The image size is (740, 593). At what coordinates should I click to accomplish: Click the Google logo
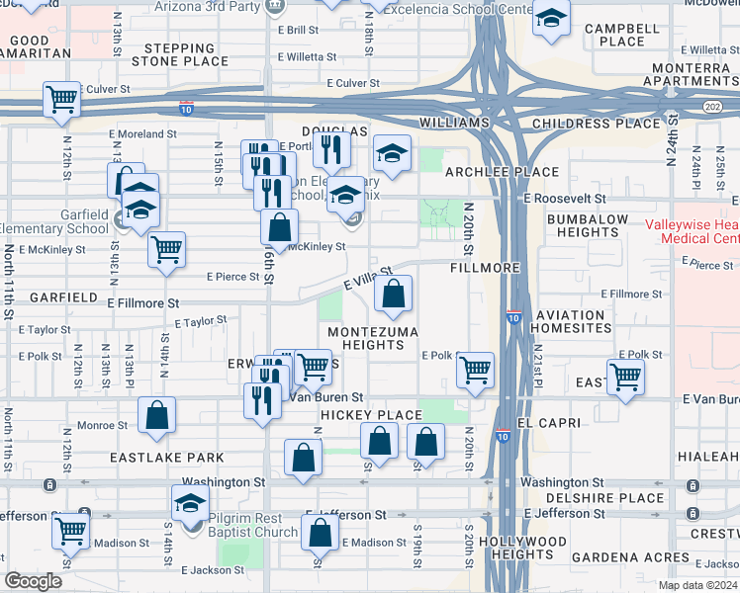click(34, 581)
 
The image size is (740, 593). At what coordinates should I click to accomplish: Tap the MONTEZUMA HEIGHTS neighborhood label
click(373, 338)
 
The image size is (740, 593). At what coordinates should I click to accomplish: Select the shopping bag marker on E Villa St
click(394, 293)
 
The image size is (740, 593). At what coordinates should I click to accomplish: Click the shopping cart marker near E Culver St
click(61, 100)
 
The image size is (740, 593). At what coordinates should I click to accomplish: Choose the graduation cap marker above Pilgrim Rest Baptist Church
click(190, 503)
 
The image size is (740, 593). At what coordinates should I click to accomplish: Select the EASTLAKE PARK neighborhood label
click(153, 459)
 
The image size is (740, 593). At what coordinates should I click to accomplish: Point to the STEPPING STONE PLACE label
click(186, 53)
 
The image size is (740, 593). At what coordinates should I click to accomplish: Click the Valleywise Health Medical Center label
click(692, 231)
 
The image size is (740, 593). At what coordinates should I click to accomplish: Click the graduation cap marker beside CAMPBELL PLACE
click(551, 19)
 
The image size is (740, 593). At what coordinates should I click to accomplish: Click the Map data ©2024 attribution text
click(696, 585)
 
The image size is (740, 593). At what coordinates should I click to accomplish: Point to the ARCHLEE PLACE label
click(489, 172)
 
